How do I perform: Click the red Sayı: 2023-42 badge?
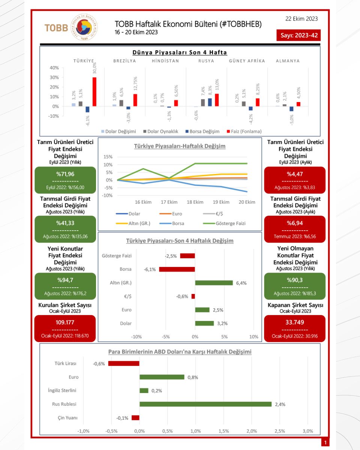point(298,36)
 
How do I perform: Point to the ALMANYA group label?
point(288,61)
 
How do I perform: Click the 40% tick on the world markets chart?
point(54,68)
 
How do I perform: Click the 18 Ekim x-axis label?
point(195,202)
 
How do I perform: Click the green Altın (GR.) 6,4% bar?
point(214,283)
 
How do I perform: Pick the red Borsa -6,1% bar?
point(177,269)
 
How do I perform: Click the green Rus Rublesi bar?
point(205,404)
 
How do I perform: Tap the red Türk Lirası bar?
point(124,363)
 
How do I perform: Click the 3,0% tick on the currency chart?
point(307,431)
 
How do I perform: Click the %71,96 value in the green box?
point(65,174)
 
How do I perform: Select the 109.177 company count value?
point(65,322)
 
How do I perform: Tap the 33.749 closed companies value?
point(294,322)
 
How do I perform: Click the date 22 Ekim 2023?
point(301,19)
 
